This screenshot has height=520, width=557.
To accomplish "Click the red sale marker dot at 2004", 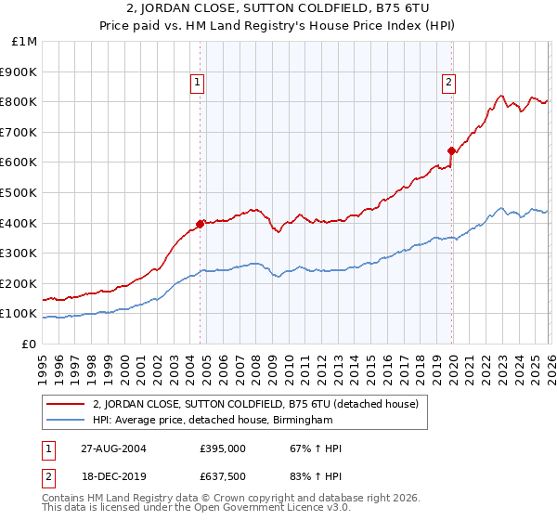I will (x=200, y=224).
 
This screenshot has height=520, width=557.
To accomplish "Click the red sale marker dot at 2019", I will (x=452, y=150).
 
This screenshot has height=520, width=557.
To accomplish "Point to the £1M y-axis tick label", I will (x=25, y=41).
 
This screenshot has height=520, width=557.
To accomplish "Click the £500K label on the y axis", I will (x=20, y=192).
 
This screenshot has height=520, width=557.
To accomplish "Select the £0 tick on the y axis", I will (x=29, y=344).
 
